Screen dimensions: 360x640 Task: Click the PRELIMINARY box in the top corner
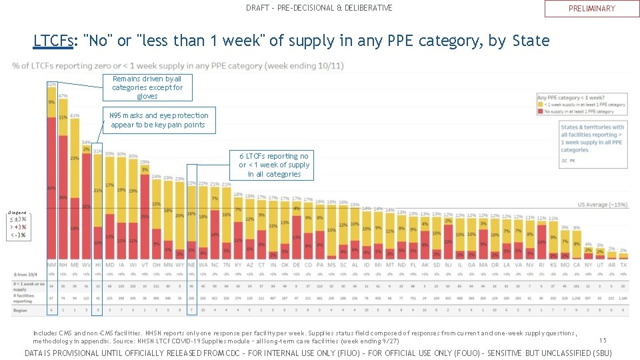point(591,9)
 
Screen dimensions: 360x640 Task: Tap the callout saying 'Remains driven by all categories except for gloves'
point(147,87)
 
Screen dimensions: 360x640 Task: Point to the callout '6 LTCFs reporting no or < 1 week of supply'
point(274,165)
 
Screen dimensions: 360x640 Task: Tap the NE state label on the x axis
point(192,265)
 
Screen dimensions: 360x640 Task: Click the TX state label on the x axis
point(623,265)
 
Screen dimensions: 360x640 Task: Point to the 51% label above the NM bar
point(51,85)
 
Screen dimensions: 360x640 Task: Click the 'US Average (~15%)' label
point(601,205)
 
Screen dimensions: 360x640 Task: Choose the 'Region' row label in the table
point(21,310)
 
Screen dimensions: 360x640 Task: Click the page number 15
point(603,340)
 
